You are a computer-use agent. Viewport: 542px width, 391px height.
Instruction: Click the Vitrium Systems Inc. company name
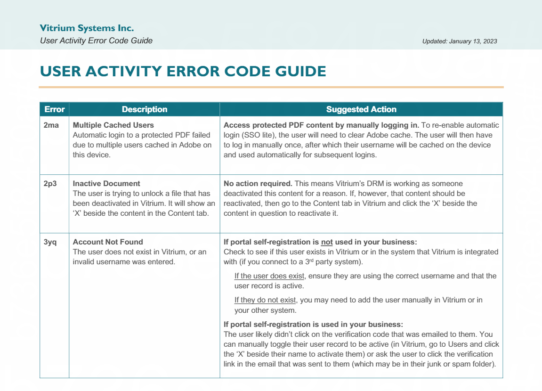click(87, 28)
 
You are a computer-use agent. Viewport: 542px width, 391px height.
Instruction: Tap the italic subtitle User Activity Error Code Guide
click(96, 41)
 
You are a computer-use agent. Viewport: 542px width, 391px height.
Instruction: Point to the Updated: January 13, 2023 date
click(459, 41)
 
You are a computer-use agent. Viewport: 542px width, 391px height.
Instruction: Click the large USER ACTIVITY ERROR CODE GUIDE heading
click(183, 72)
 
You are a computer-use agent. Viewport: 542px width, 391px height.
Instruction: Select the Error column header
click(54, 109)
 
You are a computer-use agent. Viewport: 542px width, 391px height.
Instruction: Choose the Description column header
click(144, 109)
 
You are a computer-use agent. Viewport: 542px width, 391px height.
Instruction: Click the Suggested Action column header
click(361, 109)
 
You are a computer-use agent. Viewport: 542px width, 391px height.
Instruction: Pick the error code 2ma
click(51, 125)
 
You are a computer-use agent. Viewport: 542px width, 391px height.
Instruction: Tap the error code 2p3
click(50, 184)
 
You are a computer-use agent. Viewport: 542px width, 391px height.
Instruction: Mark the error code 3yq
click(50, 242)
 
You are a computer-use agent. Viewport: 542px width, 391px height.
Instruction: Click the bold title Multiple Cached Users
click(113, 125)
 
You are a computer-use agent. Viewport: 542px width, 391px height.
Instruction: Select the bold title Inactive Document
click(106, 184)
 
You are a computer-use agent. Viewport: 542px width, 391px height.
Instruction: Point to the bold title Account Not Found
click(108, 242)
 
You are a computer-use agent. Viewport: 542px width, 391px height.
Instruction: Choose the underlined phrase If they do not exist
click(265, 300)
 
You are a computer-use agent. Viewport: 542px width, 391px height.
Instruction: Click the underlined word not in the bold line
click(326, 242)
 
